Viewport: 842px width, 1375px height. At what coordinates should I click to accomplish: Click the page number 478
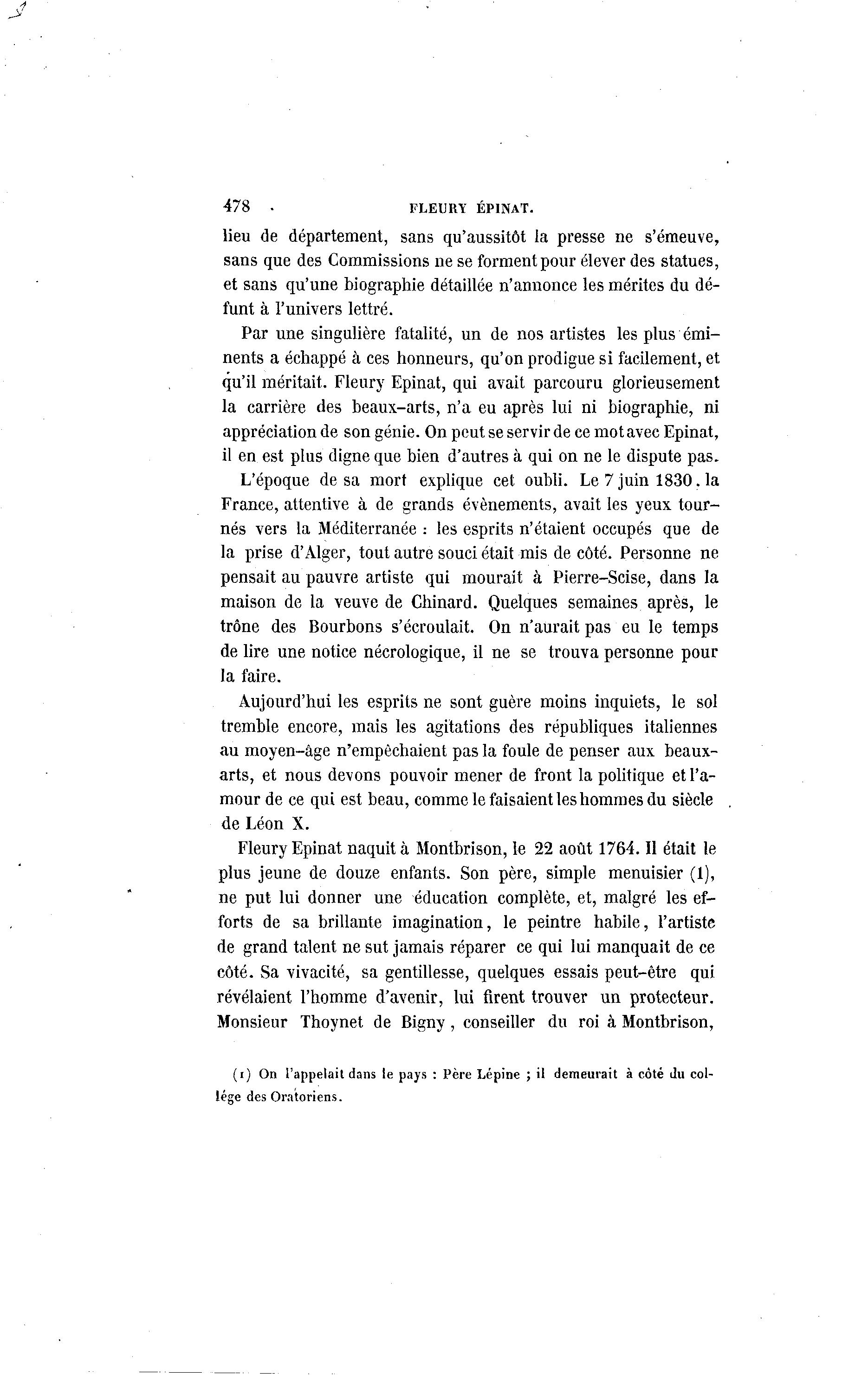(x=236, y=206)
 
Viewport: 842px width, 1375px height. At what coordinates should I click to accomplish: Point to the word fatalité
(x=419, y=334)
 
